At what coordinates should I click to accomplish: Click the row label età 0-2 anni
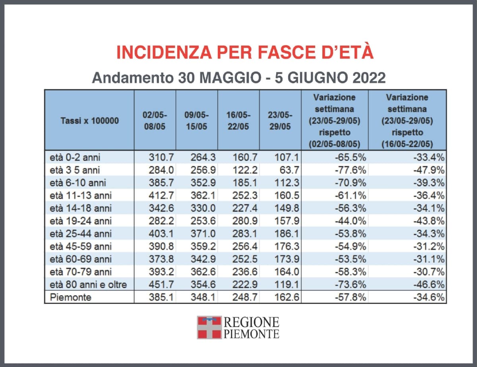(x=74, y=158)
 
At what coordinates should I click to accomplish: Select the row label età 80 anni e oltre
(x=89, y=284)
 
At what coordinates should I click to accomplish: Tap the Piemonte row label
(x=71, y=297)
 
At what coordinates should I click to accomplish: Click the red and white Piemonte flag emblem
(x=209, y=327)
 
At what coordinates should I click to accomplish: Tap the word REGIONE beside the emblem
(x=251, y=322)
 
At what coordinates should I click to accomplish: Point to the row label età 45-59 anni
(x=81, y=246)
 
